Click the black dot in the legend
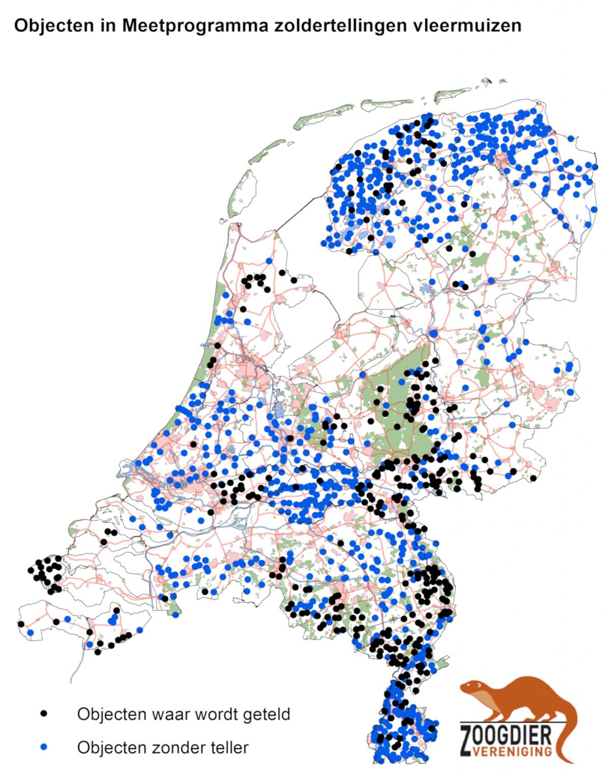pyautogui.click(x=44, y=713)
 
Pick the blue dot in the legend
pyautogui.click(x=44, y=747)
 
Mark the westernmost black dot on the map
pyautogui.click(x=21, y=624)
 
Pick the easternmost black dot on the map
pyautogui.click(x=533, y=478)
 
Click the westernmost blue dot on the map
pyautogui.click(x=31, y=633)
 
